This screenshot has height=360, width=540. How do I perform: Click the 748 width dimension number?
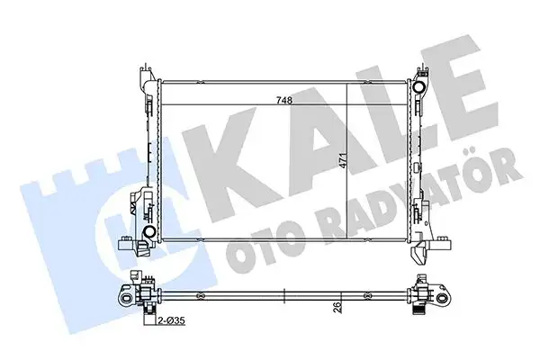tap(285, 102)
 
